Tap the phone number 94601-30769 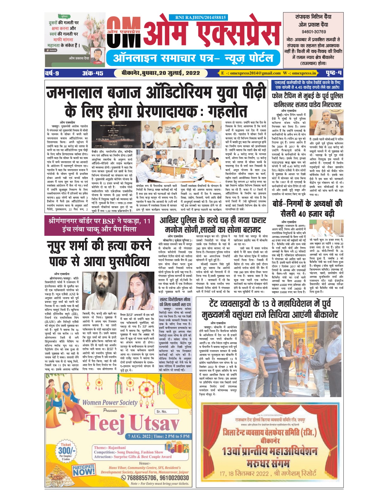(x=314, y=32)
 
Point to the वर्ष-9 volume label (x=52, y=73)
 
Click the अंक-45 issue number (x=93, y=73)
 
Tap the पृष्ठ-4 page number (x=334, y=73)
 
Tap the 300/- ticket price (x=67, y=450)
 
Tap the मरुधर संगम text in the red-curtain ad (x=268, y=463)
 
